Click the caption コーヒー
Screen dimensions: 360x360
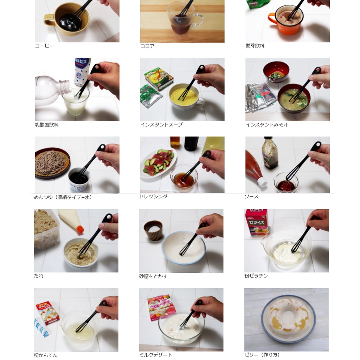(44, 46)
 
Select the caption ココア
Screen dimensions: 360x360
(147, 46)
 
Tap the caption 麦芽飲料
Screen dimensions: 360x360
(255, 46)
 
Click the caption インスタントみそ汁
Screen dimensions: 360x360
(266, 125)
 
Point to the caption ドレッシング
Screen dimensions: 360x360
(154, 197)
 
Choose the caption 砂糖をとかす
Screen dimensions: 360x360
(153, 276)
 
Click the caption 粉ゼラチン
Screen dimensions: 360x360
(256, 276)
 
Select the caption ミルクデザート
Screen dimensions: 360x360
(156, 355)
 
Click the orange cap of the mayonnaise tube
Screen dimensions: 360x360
(80, 229)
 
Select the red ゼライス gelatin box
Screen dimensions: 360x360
(256, 222)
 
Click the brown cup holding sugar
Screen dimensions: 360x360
(153, 230)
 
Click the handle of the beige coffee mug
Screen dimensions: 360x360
(49, 20)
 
